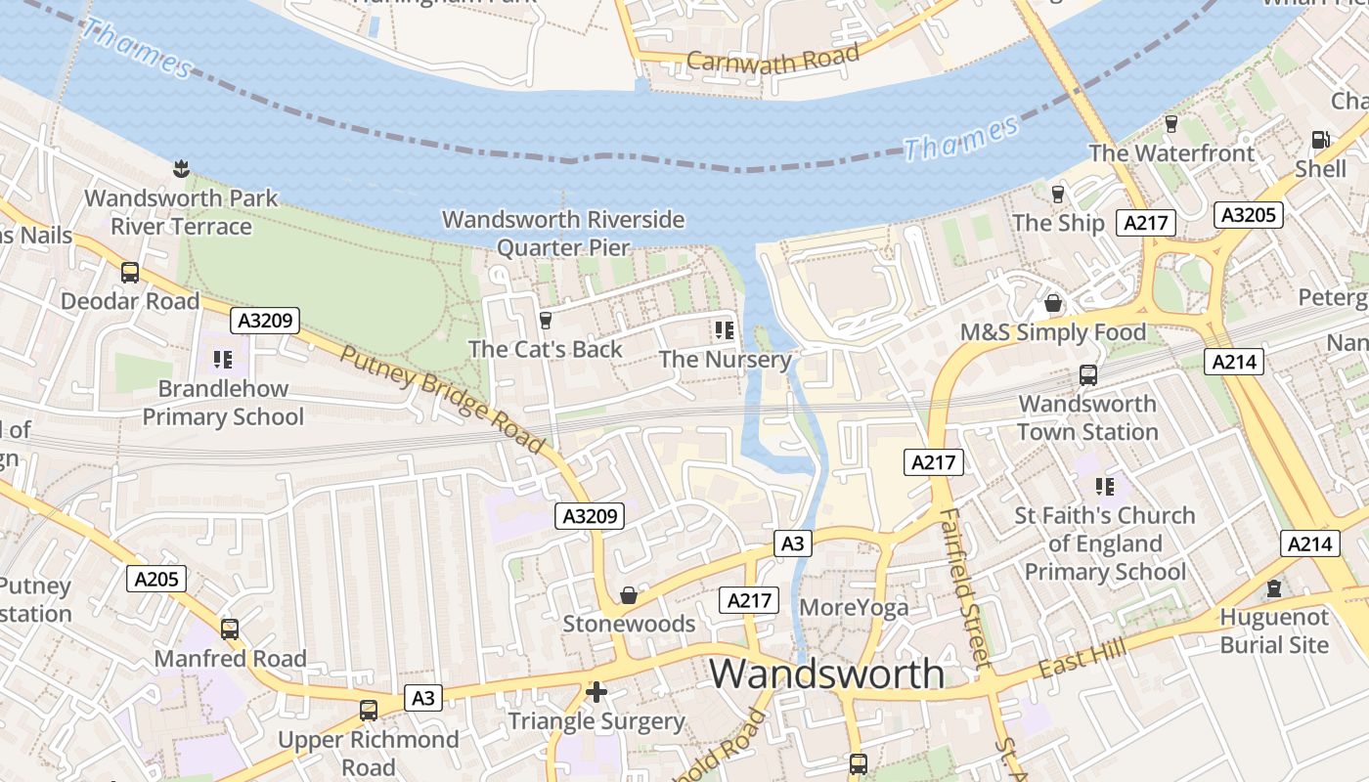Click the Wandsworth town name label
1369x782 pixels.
click(x=826, y=674)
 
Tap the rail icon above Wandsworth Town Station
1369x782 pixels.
click(x=1087, y=374)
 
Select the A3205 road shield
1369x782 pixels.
click(x=1248, y=214)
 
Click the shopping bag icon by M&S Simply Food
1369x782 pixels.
click(x=1053, y=303)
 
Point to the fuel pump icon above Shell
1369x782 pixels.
click(x=1320, y=140)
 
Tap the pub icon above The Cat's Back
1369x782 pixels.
click(x=546, y=320)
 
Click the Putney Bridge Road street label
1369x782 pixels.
click(x=442, y=399)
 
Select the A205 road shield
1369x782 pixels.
click(x=156, y=579)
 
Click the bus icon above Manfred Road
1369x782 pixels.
click(x=230, y=630)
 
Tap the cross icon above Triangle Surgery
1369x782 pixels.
click(x=596, y=692)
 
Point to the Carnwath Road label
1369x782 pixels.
click(x=773, y=58)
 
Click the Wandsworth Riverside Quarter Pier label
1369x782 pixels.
click(x=563, y=233)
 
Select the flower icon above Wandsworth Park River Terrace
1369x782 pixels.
click(x=180, y=169)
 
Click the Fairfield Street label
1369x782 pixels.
click(x=965, y=586)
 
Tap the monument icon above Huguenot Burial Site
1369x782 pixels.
click(x=1274, y=588)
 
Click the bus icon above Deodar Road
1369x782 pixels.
click(x=129, y=272)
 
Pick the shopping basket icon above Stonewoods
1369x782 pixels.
click(x=629, y=594)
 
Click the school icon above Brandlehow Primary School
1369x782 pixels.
click(x=223, y=359)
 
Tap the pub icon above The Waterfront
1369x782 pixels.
click(x=1170, y=124)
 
